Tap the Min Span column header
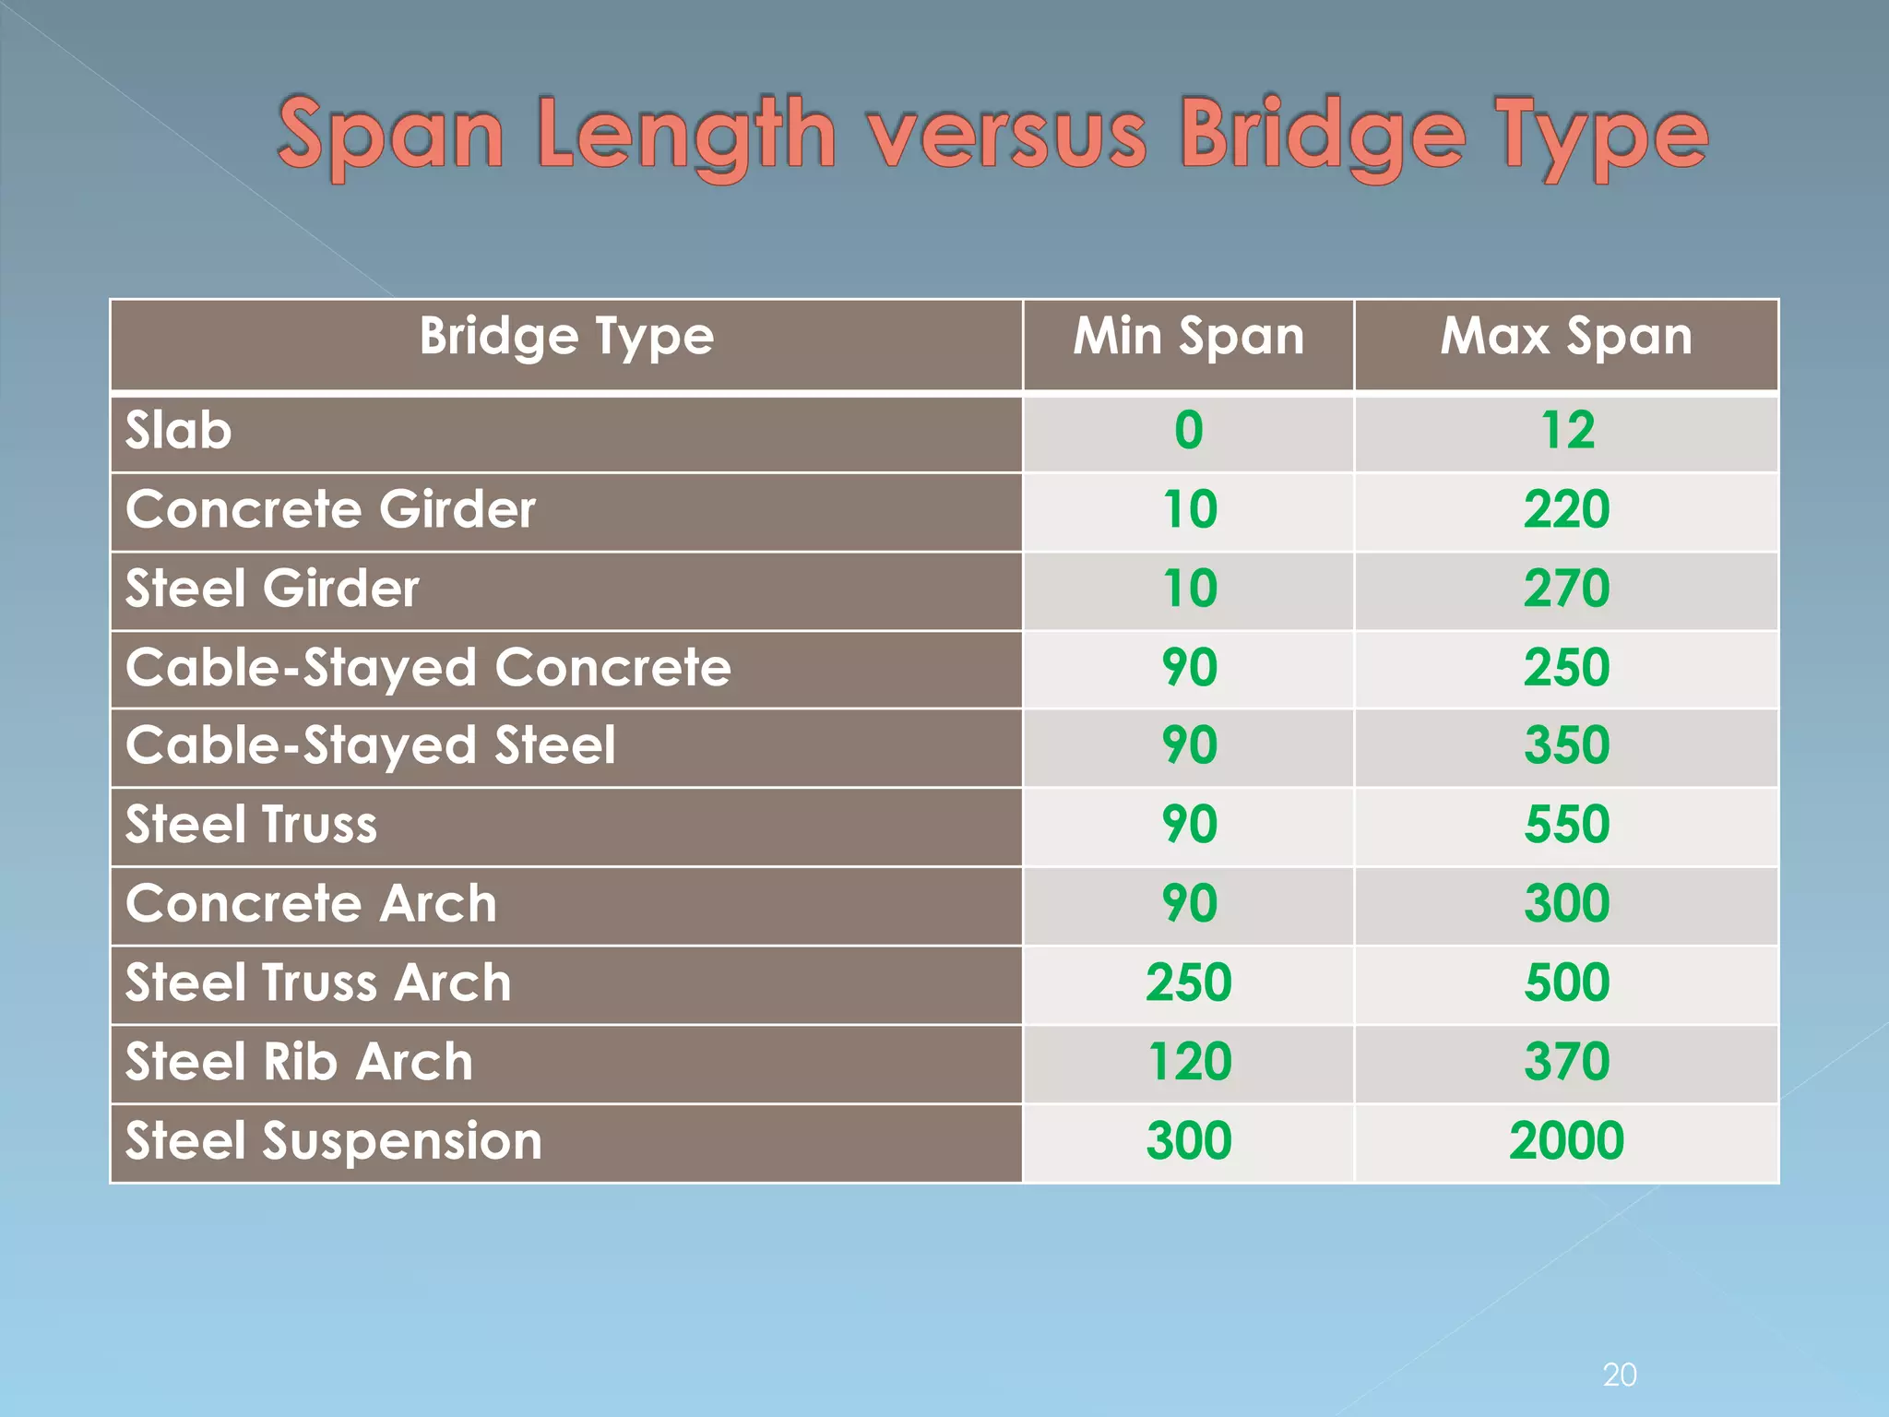[1188, 336]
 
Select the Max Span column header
[1566, 336]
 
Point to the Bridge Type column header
[566, 336]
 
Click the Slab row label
[179, 431]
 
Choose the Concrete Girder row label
[330, 510]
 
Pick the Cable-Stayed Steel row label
[370, 745]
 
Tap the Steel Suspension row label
[333, 1141]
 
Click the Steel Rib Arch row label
[299, 1062]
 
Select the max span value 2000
[1566, 1141]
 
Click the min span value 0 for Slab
[1188, 431]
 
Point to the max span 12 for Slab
[1566, 431]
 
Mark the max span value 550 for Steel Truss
[1566, 825]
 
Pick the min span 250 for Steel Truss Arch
[1188, 982]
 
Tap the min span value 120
[1188, 1062]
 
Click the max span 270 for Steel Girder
[1566, 589]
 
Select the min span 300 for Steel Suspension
[1188, 1141]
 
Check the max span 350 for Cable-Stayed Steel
[1566, 745]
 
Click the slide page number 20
[1620, 1375]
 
